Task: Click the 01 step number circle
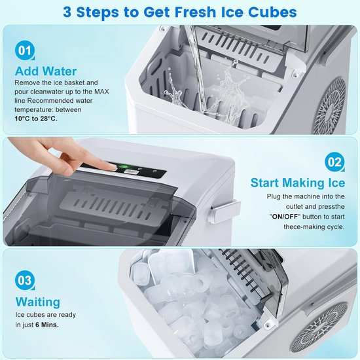pyautogui.click(x=25, y=50)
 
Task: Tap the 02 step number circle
pyautogui.click(x=334, y=162)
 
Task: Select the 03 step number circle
pyautogui.click(x=25, y=280)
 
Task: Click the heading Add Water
pyautogui.click(x=46, y=71)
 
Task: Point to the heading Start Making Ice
pyautogui.click(x=298, y=183)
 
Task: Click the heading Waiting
pyautogui.click(x=38, y=302)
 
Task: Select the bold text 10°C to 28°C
pyautogui.click(x=36, y=118)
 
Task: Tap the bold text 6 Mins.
pyautogui.click(x=47, y=325)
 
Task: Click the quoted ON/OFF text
pyautogui.click(x=285, y=217)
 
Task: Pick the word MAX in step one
pyautogui.click(x=101, y=92)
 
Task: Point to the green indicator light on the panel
pyautogui.click(x=124, y=166)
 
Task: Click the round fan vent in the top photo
pyautogui.click(x=329, y=106)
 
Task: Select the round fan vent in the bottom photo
pyautogui.click(x=319, y=327)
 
